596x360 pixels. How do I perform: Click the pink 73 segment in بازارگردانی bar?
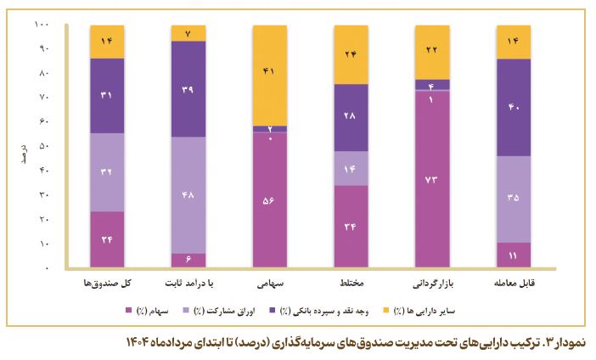click(x=431, y=179)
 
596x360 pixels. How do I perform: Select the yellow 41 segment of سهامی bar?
click(x=269, y=75)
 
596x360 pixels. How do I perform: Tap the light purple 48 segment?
click(x=188, y=194)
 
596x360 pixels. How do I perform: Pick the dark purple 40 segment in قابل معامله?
click(x=513, y=107)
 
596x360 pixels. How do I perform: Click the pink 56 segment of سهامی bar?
click(x=269, y=200)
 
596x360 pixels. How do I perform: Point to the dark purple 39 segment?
click(x=188, y=88)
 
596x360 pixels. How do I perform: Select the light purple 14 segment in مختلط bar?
click(x=351, y=168)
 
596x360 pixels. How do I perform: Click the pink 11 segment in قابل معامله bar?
click(x=513, y=255)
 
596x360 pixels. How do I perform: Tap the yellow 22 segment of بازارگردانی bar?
click(x=431, y=52)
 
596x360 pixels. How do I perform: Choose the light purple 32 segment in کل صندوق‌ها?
click(x=107, y=172)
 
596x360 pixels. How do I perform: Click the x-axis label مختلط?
click(x=350, y=282)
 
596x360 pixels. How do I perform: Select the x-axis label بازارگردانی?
click(x=431, y=282)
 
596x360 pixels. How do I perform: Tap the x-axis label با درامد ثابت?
click(x=188, y=282)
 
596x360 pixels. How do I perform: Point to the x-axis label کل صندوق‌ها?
click(x=107, y=282)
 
